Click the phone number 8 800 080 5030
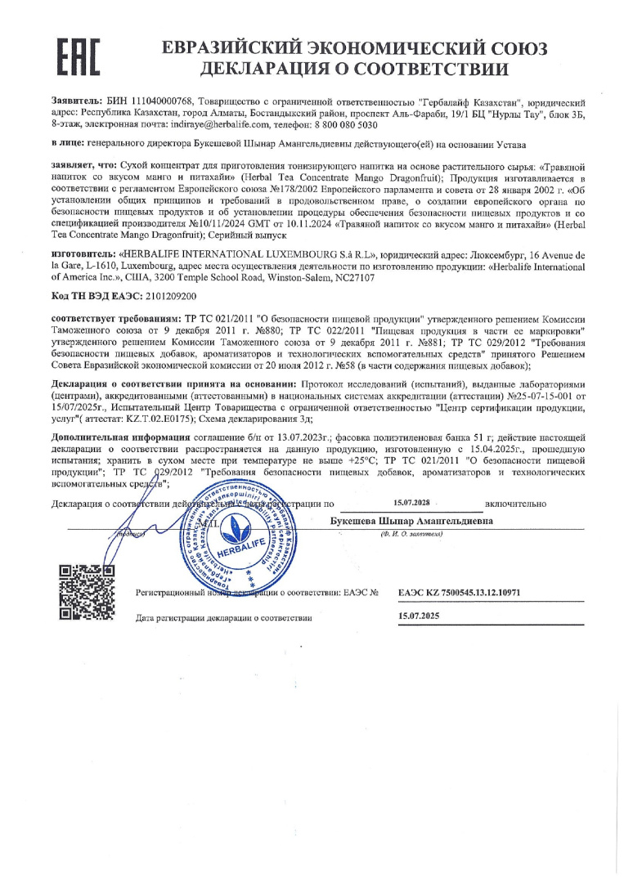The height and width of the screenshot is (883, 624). point(337,125)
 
